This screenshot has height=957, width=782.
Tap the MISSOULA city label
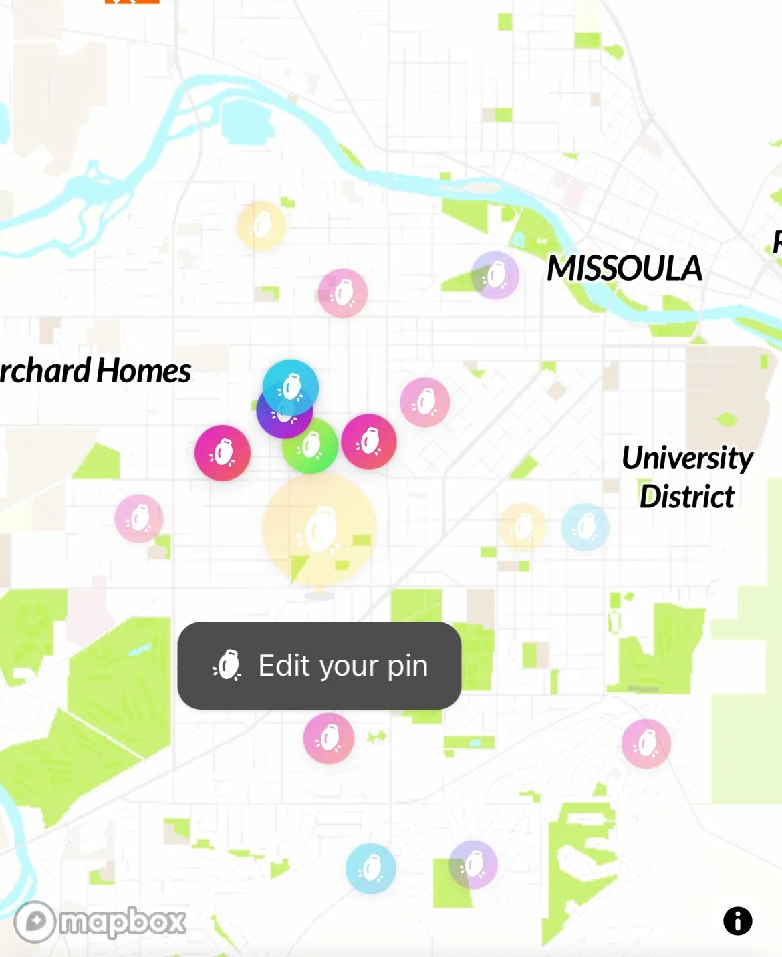624,269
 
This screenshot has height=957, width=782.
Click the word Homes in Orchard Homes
144,371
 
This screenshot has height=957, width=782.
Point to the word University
687,458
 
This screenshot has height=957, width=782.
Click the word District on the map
687,497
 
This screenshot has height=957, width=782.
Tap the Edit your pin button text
343,666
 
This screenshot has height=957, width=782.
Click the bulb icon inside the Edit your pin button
227,666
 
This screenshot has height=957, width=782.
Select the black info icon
737,921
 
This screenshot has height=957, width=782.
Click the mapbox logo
100,922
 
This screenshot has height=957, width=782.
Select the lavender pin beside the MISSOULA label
495,275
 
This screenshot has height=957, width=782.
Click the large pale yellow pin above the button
319,530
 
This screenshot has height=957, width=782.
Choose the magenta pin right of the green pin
369,442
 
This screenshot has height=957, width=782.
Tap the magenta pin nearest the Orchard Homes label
223,453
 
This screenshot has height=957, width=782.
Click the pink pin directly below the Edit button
329,738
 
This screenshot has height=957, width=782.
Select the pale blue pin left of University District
585,527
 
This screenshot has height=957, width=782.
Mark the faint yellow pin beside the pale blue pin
522,527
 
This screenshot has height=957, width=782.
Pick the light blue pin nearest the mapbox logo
371,868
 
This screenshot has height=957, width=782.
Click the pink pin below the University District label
646,743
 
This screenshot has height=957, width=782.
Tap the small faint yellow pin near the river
261,226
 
